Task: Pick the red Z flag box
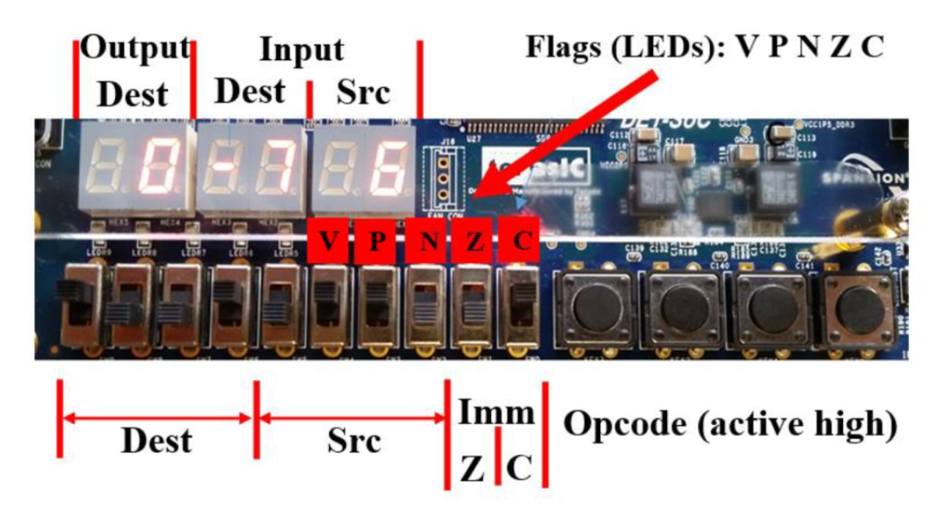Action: (x=474, y=241)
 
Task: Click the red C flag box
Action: (x=521, y=240)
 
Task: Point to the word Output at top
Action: (x=135, y=48)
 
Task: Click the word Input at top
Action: (x=301, y=50)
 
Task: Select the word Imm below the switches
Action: (x=496, y=413)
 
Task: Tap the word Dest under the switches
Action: (x=156, y=440)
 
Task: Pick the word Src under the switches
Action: (x=353, y=440)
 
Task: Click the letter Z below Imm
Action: (x=472, y=468)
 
